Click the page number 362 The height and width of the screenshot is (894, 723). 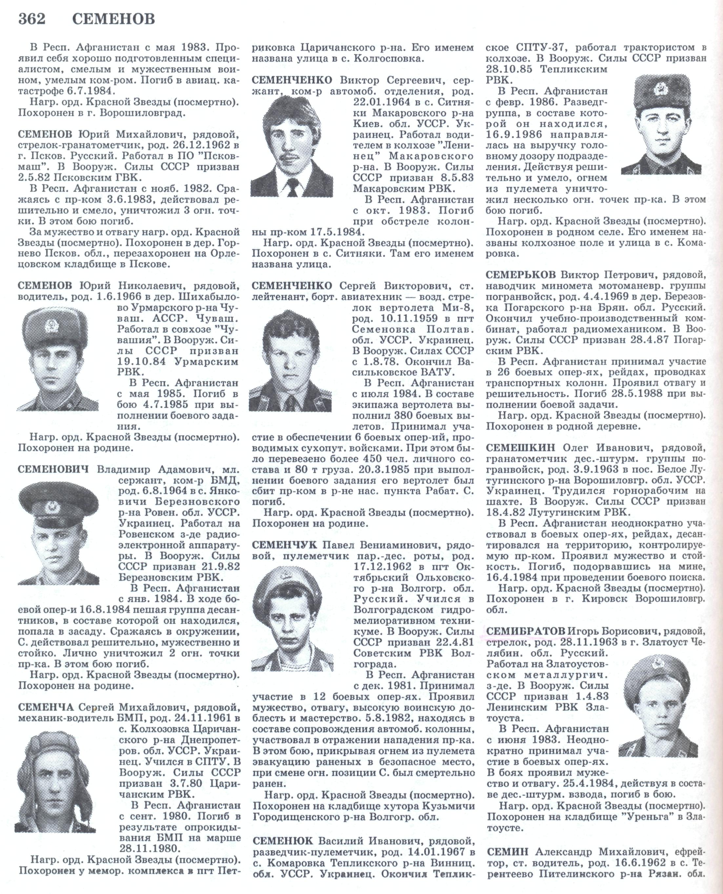click(32, 19)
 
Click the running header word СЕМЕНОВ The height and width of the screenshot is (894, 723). click(113, 19)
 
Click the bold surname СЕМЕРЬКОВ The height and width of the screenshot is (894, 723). click(521, 275)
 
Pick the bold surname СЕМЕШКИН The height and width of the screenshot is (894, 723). click(521, 448)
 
